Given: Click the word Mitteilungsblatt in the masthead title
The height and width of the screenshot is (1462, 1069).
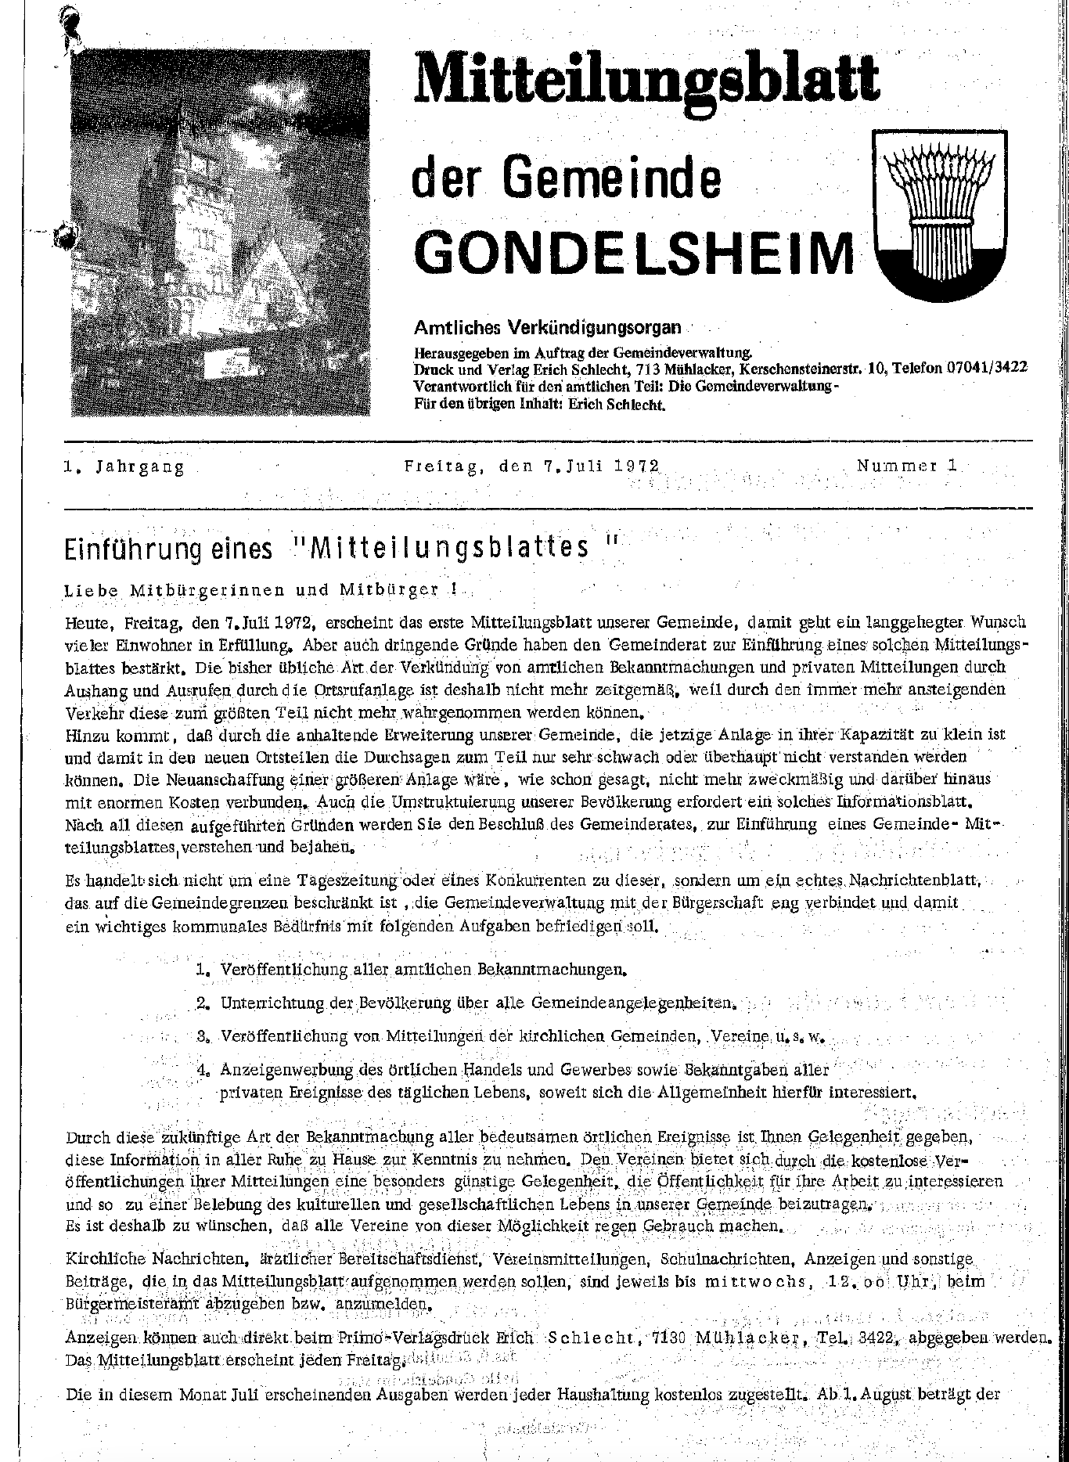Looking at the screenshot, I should click(646, 78).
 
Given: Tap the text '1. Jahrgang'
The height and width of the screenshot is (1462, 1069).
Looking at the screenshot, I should click(124, 467).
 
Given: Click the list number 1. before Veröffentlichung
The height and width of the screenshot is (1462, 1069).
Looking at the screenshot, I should click(203, 970).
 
